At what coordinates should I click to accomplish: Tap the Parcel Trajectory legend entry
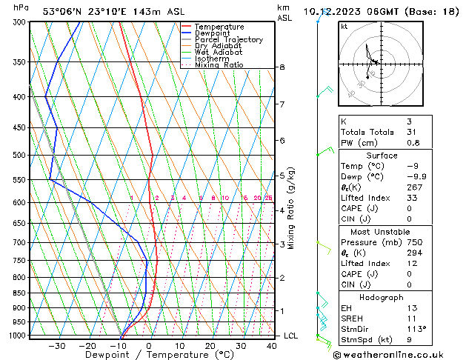228,40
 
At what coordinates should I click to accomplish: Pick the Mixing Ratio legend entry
218,65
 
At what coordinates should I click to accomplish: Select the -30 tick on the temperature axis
57,346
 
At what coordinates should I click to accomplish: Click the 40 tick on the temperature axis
271,346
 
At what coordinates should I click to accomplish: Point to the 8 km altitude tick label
282,67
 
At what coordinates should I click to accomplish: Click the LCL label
291,336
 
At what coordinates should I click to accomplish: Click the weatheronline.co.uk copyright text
393,354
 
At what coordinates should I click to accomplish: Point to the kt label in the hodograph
344,26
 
